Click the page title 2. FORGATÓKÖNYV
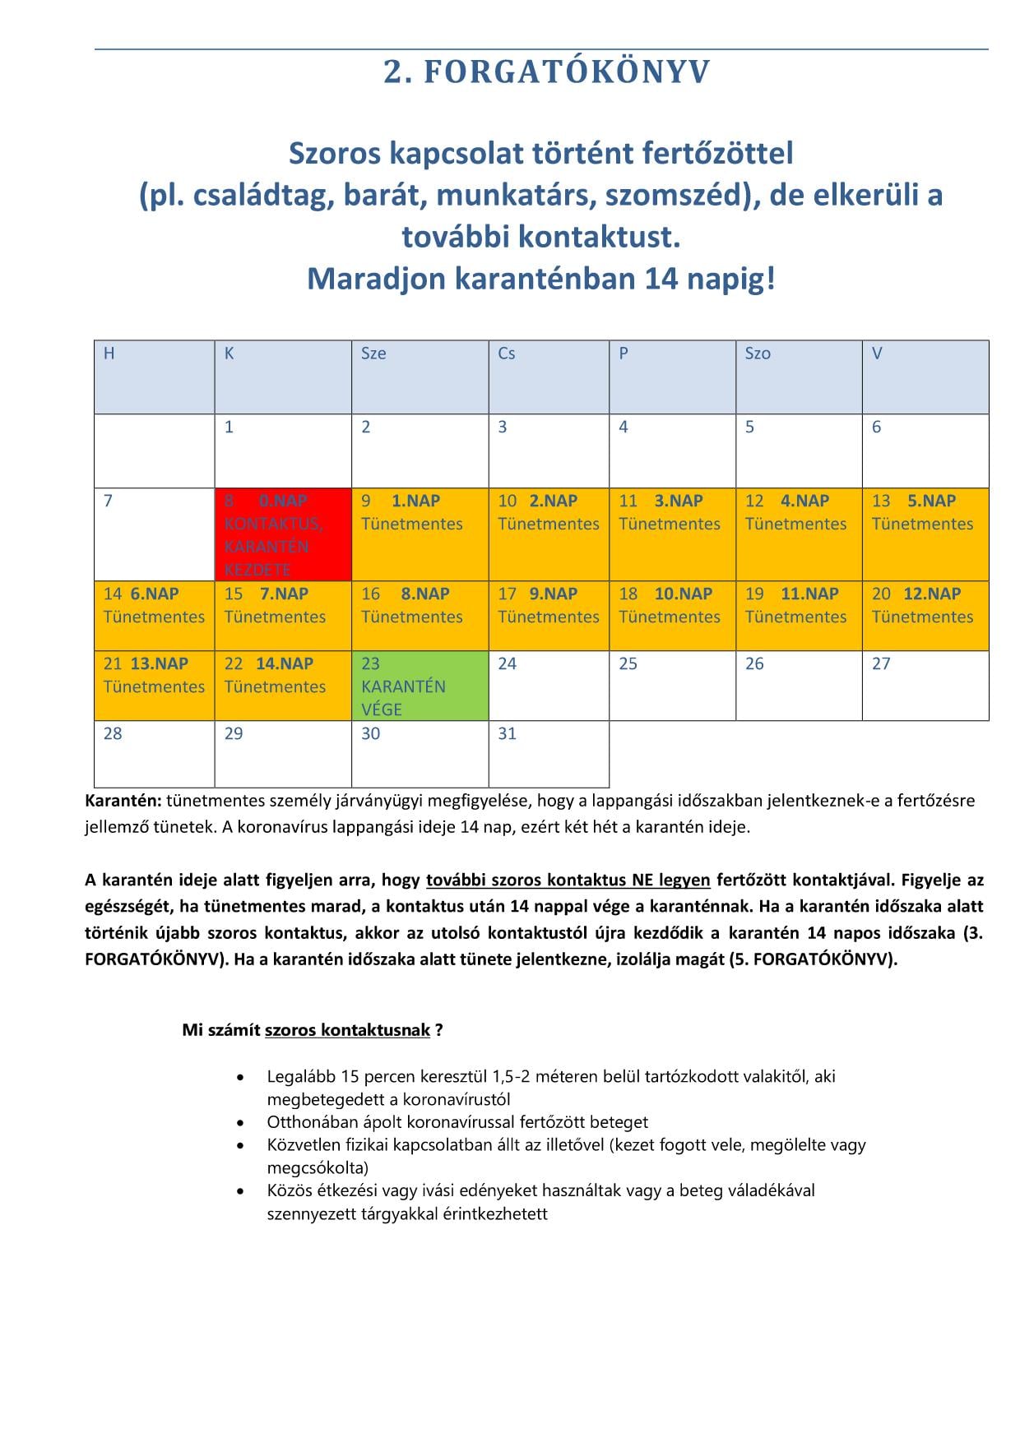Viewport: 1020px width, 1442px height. [x=546, y=72]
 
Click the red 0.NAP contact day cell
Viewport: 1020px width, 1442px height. [x=283, y=534]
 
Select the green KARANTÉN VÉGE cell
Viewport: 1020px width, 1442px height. [x=420, y=686]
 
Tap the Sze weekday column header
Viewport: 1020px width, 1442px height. [x=420, y=377]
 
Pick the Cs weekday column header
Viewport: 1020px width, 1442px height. [x=549, y=377]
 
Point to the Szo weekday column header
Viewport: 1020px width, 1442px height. [x=798, y=377]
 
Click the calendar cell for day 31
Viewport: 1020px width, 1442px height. [x=549, y=754]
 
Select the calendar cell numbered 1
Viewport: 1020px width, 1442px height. [x=283, y=451]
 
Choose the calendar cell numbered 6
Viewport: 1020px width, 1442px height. [x=925, y=451]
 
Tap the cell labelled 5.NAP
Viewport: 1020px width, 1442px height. [x=925, y=534]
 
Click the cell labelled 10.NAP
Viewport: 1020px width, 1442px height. [x=672, y=616]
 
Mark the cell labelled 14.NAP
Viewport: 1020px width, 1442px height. [x=283, y=686]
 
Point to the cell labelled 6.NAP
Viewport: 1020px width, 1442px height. [x=154, y=616]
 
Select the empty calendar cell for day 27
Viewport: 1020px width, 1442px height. [x=925, y=686]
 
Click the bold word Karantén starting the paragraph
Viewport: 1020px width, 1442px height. [x=123, y=800]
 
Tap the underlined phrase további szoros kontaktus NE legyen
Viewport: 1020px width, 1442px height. [x=568, y=880]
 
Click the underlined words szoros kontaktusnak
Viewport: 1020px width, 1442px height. [x=347, y=1029]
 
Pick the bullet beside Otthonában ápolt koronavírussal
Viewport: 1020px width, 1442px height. [x=240, y=1122]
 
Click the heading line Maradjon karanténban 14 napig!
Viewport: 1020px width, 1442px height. [x=540, y=279]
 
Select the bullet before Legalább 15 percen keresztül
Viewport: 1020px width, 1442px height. [x=240, y=1076]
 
